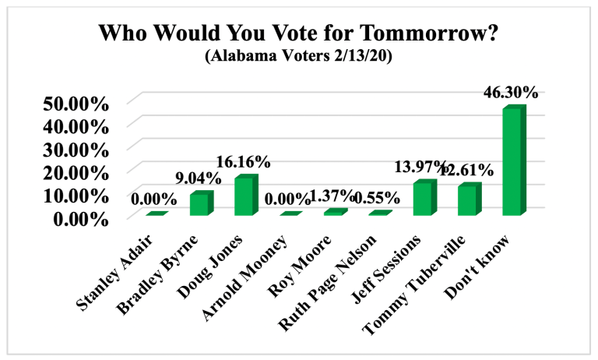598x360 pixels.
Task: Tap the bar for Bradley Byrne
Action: pyautogui.click(x=200, y=203)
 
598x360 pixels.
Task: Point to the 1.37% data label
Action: pyautogui.click(x=330, y=195)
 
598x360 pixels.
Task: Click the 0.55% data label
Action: pyautogui.click(x=375, y=197)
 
